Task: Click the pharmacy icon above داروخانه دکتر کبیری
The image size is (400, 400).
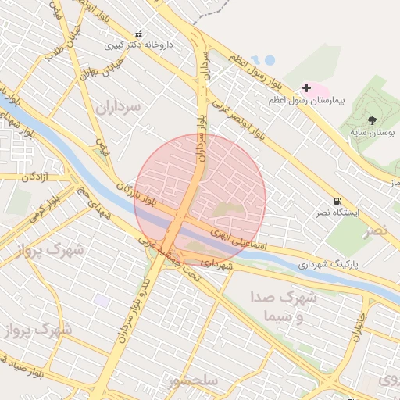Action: point(139,34)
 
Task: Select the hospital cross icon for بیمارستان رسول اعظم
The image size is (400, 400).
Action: point(306,88)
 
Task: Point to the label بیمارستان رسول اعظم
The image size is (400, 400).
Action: point(306,101)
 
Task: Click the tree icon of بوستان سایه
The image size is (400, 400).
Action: point(371,120)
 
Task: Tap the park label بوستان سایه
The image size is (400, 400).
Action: point(371,133)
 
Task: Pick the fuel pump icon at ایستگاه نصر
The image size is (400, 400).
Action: point(336,201)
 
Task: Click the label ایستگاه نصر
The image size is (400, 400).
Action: point(333,212)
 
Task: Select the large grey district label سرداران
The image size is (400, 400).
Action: point(118,106)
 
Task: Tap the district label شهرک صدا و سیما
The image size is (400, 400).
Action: point(284,306)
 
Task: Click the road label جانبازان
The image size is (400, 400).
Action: point(359,328)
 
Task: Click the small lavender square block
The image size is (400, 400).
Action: point(102,300)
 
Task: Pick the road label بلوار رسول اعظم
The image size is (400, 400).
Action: point(255,70)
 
